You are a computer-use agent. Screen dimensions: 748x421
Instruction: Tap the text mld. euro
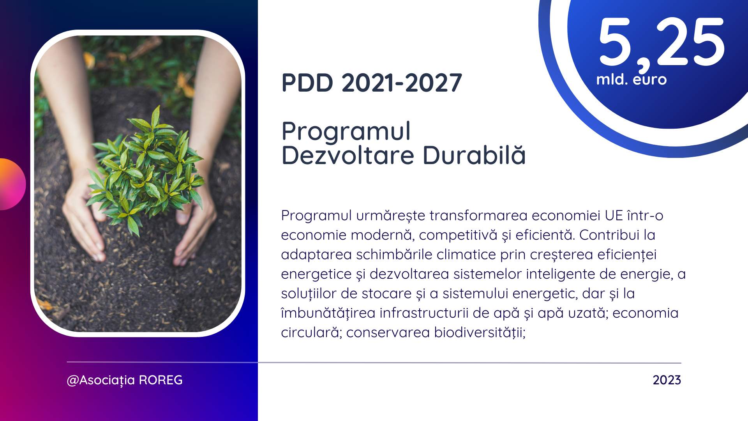point(632,79)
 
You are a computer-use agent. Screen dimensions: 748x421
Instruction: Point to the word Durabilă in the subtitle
point(474,155)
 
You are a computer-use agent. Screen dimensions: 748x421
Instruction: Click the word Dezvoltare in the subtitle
point(348,155)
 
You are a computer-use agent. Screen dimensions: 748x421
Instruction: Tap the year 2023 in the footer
point(667,380)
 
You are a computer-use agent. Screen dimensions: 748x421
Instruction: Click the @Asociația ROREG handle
point(125,380)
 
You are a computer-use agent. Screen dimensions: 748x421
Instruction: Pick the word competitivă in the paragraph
point(458,235)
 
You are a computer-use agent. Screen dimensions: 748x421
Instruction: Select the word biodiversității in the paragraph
point(480,333)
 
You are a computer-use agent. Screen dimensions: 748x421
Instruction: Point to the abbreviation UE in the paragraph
point(614,216)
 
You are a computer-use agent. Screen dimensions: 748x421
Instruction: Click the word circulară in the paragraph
point(311,333)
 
